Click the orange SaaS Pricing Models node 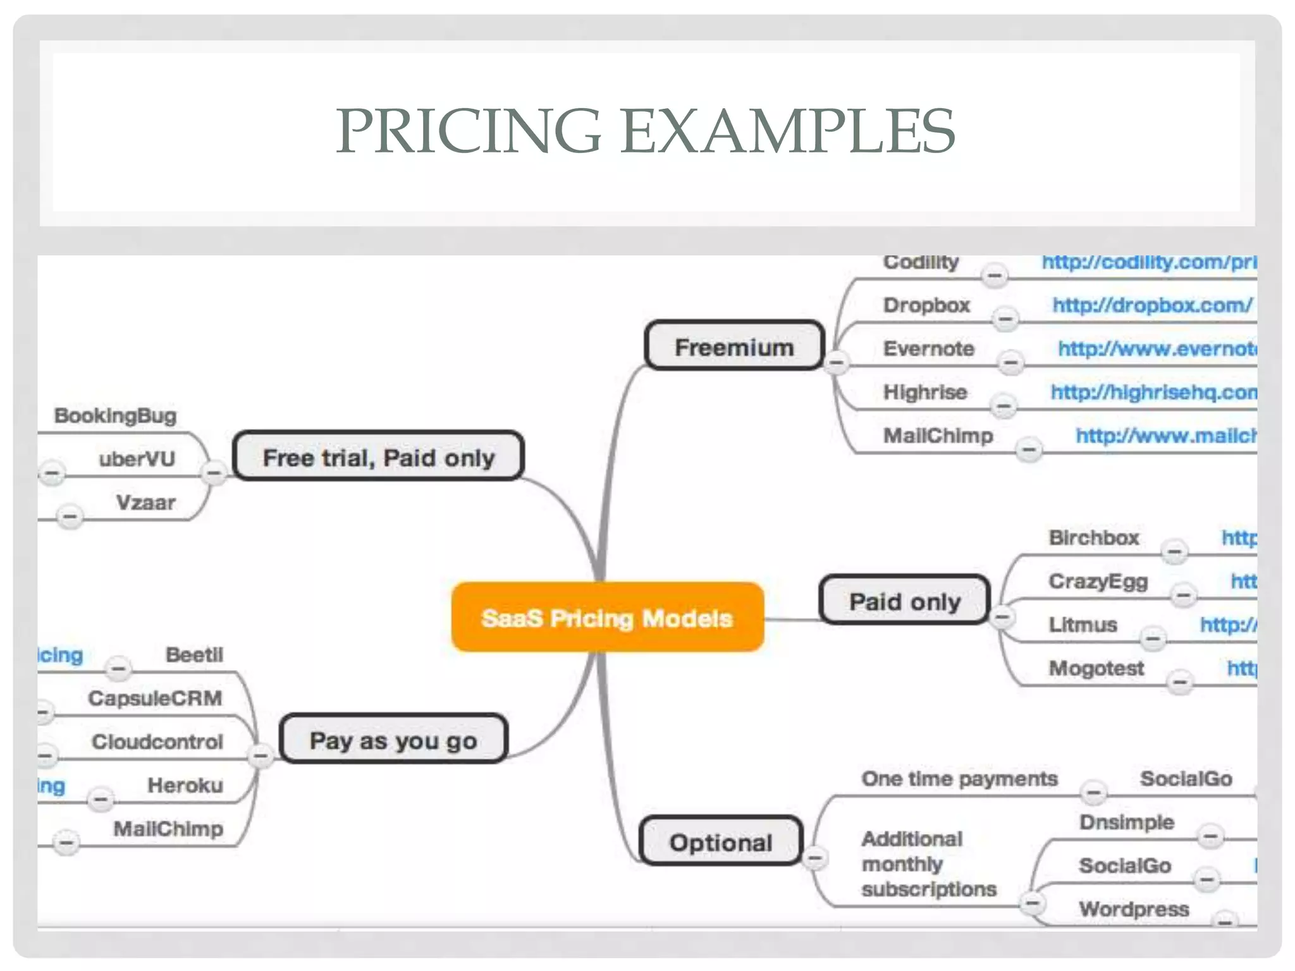click(608, 618)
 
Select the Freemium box click(734, 346)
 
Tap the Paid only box click(904, 601)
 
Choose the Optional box click(721, 842)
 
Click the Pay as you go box click(393, 740)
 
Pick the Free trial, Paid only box click(378, 457)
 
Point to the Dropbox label click(926, 305)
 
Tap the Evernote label click(928, 348)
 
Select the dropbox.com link click(1152, 305)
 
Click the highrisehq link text click(1153, 392)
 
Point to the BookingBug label click(115, 415)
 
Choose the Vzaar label click(145, 503)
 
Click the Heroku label click(185, 785)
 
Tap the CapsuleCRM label click(155, 698)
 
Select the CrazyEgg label click(1098, 581)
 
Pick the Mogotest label click(1096, 668)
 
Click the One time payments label click(959, 778)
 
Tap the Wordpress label click(1134, 909)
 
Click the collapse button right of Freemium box click(837, 362)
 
